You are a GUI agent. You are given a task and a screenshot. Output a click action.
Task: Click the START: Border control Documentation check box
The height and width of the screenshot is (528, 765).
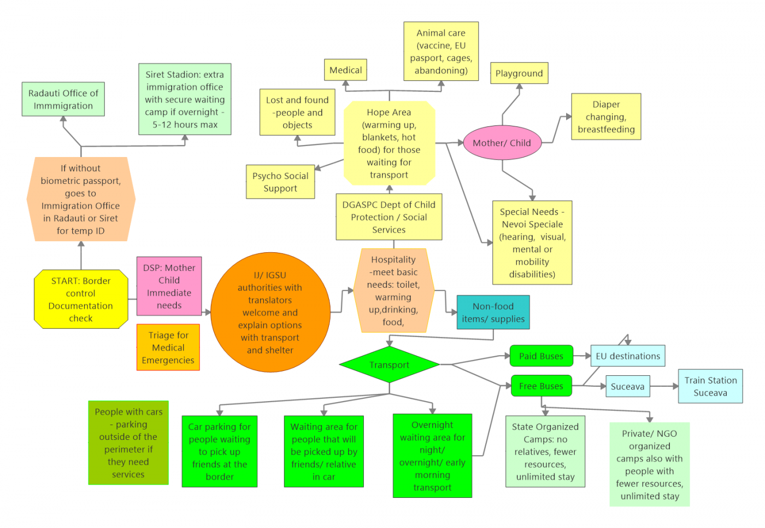81,299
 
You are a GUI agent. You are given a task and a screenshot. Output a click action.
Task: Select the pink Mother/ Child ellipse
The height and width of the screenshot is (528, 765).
502,143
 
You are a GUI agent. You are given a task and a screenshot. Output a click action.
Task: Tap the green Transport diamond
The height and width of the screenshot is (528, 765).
389,365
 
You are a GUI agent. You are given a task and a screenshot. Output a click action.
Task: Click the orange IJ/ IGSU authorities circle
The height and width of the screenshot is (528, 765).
270,312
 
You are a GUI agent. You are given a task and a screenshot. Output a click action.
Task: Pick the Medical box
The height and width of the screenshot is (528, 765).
345,70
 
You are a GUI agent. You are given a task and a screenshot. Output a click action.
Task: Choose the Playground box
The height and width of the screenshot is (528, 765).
519,73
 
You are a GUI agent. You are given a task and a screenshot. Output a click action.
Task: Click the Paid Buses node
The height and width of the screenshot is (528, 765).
541,356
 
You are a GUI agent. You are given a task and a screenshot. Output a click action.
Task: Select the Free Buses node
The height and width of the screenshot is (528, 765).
541,386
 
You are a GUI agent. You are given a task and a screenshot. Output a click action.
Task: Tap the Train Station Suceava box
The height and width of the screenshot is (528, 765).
710,386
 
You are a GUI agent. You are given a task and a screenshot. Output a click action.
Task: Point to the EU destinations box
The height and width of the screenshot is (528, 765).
628,356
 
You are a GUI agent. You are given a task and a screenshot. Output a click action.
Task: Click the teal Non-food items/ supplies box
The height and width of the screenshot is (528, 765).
493,312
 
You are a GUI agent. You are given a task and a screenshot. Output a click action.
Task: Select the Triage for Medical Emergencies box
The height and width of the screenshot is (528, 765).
168,347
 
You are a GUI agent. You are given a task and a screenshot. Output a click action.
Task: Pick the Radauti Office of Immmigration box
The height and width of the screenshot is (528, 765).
63,100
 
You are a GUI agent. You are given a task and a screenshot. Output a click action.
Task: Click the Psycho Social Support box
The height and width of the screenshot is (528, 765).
280,182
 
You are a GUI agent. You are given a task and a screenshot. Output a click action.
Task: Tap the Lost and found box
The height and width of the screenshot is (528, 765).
297,112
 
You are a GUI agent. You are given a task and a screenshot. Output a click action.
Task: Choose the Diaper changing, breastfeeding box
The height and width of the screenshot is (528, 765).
606,117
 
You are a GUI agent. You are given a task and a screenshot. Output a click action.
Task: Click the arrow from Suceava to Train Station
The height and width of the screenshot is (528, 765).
664,386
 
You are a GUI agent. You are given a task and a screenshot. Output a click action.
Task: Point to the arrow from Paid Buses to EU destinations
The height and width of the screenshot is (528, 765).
582,356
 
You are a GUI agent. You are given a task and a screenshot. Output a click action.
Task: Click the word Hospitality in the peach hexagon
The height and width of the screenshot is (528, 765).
393,260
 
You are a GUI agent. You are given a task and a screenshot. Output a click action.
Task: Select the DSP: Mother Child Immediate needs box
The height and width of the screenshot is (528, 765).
169,286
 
